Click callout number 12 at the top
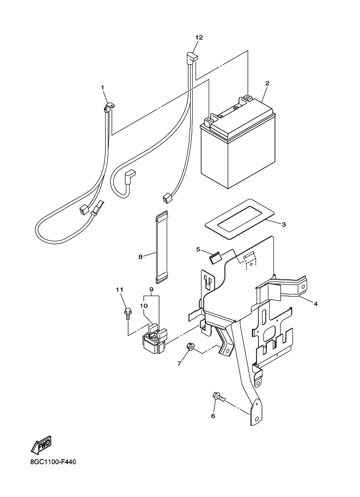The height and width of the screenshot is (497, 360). [199, 37]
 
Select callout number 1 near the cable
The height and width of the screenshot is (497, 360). [102, 87]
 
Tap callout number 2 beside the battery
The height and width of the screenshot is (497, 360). [267, 83]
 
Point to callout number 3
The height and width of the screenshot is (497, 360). [284, 224]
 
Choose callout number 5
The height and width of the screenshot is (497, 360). [199, 249]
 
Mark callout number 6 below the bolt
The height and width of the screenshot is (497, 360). [213, 416]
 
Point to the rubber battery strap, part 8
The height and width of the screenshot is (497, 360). [162, 248]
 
